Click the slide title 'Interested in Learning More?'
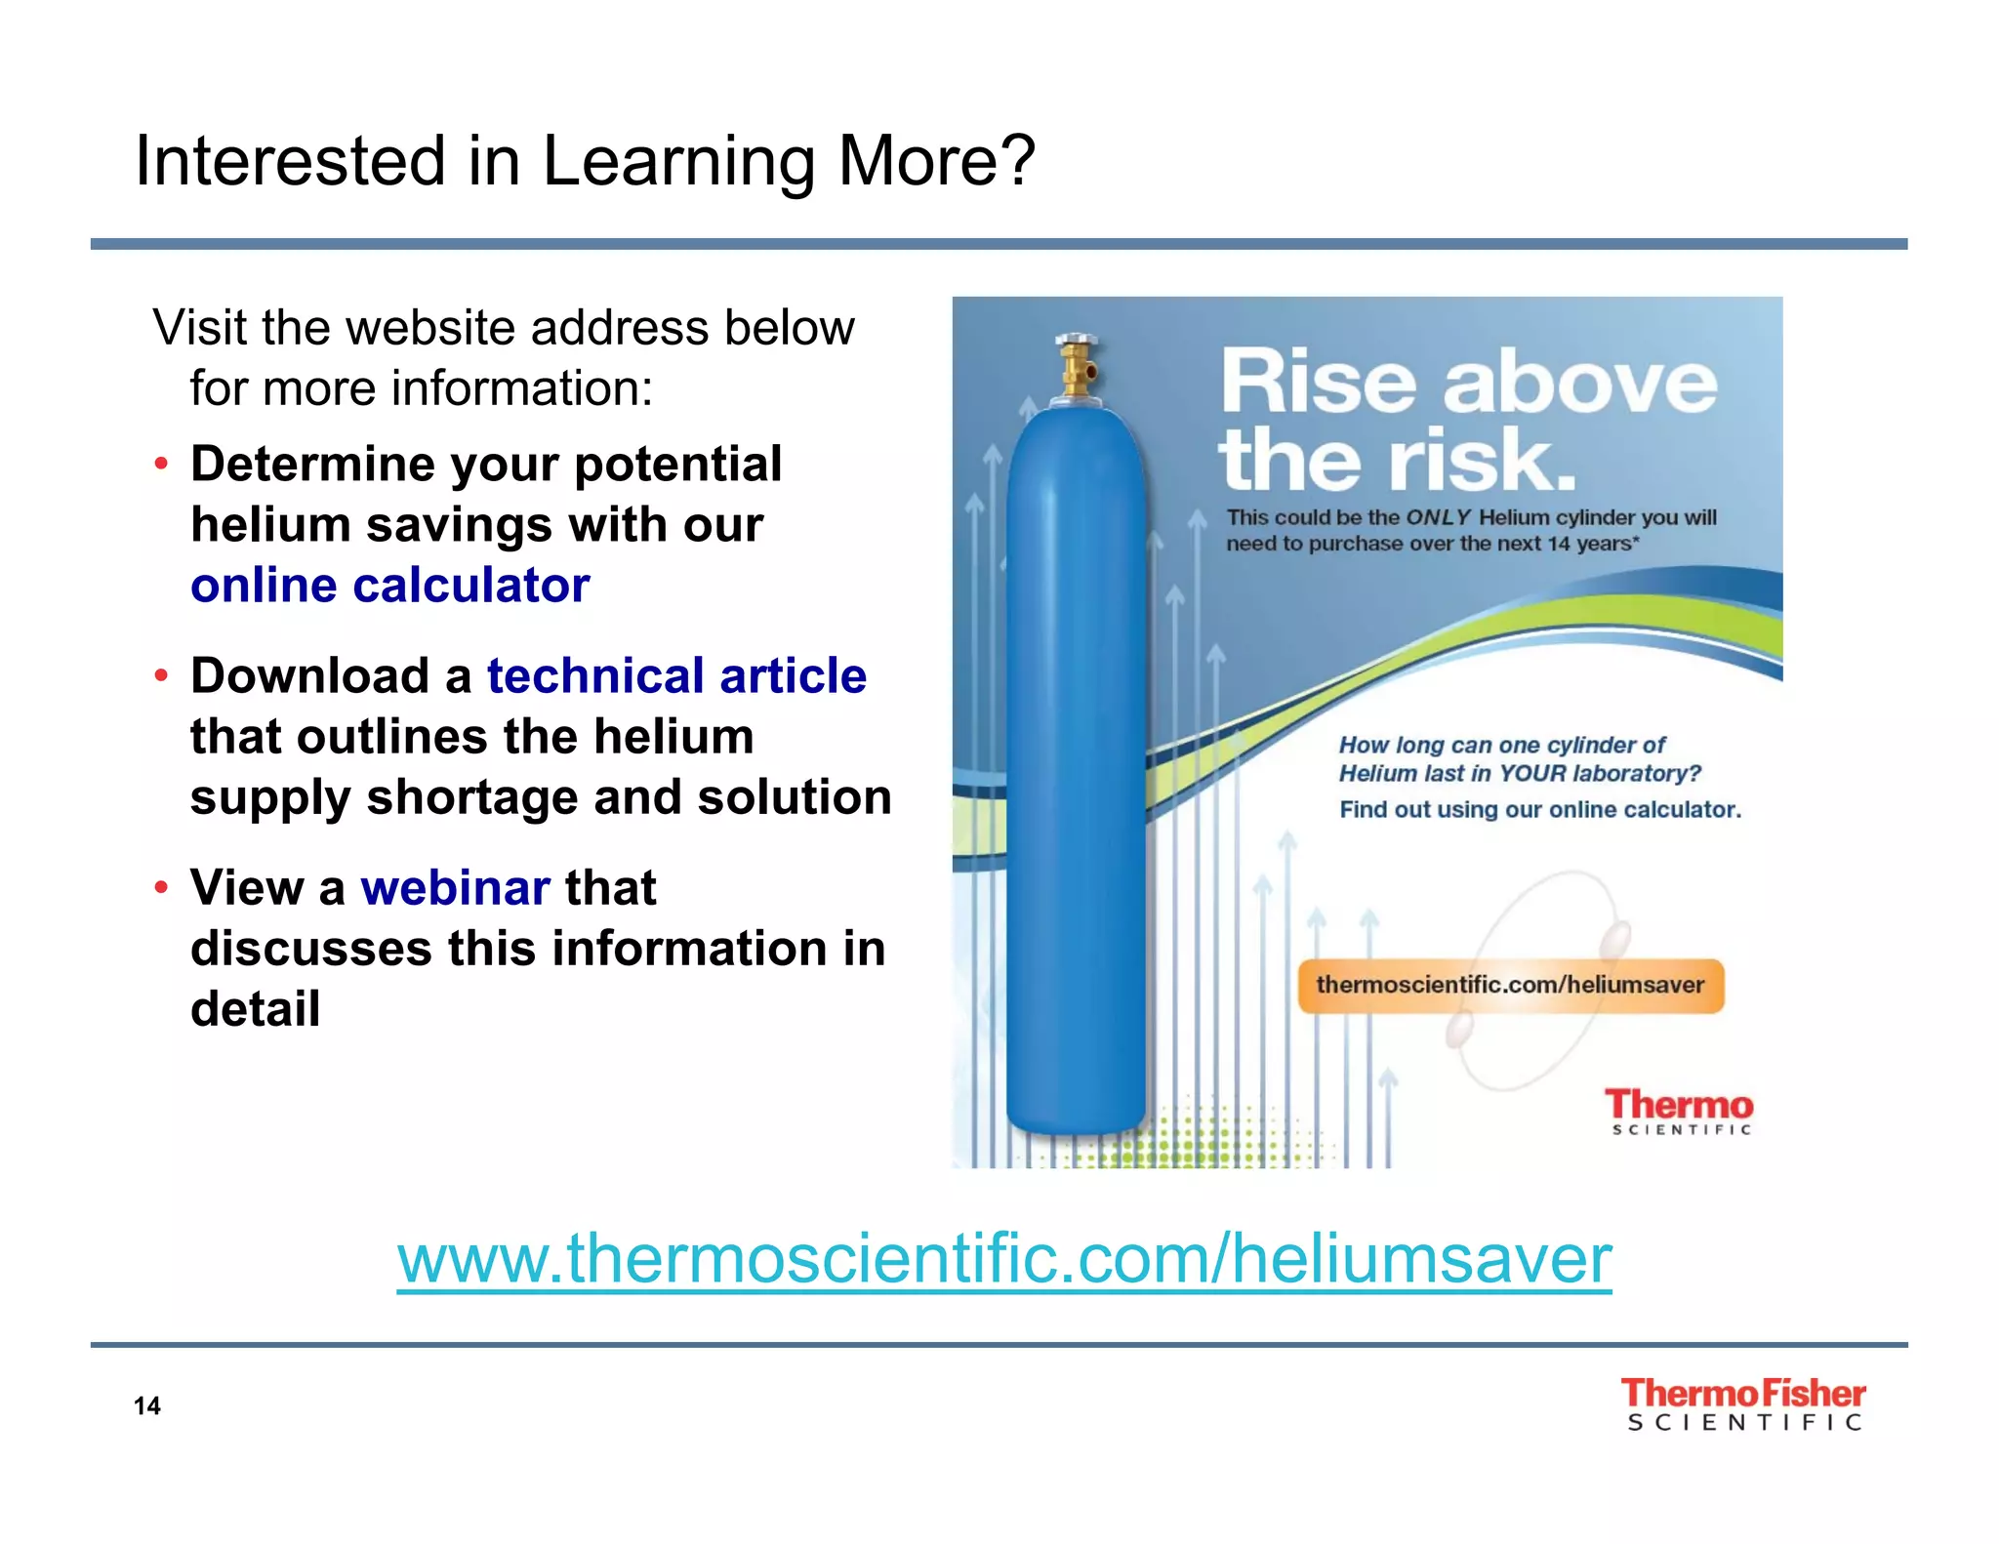(584, 161)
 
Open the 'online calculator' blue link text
(389, 586)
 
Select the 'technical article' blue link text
(676, 675)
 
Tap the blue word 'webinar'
(455, 887)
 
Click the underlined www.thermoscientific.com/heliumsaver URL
(1003, 1259)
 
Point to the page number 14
(147, 1405)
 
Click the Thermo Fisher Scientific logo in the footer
(1743, 1404)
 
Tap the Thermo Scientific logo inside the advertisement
(1679, 1112)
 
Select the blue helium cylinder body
(1076, 771)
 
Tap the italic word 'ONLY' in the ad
(1438, 518)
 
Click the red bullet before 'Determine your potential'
(162, 464)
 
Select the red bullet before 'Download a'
(162, 675)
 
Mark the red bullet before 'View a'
(162, 887)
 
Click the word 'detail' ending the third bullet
(255, 1009)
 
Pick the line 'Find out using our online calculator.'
(1539, 809)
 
